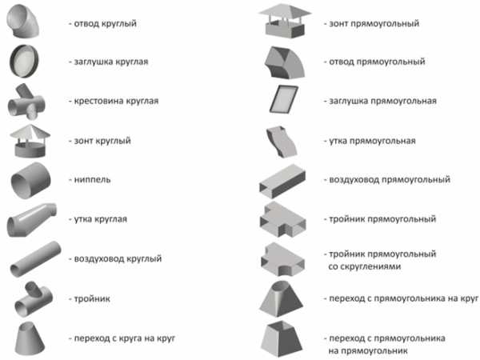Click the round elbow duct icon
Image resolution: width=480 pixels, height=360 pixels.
pos(22,22)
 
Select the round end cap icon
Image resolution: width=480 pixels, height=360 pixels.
pos(24,62)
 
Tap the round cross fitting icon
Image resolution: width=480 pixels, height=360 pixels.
pos(26,102)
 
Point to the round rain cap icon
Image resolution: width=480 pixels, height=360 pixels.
pos(30,141)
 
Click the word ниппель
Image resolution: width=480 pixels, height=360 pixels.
pos(92,180)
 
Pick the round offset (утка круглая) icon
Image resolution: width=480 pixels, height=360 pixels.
pos(31,220)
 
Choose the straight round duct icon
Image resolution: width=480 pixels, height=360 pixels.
pos(35,259)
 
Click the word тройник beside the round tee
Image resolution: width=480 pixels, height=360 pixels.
pos(92,298)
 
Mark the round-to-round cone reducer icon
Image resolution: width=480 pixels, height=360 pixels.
pos(30,338)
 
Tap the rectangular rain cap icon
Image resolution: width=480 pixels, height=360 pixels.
pos(285,21)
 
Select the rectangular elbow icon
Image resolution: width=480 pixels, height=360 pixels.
pos(285,62)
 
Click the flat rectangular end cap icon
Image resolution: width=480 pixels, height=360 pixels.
pos(284,99)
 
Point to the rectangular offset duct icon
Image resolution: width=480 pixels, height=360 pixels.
pos(282,142)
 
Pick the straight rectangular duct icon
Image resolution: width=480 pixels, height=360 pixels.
pos(282,181)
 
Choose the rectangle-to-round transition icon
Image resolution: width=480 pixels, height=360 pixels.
pos(281,298)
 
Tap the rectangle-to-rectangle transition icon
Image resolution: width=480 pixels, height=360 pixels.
pos(282,339)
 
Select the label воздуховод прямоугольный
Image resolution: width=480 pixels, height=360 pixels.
pos(390,180)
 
